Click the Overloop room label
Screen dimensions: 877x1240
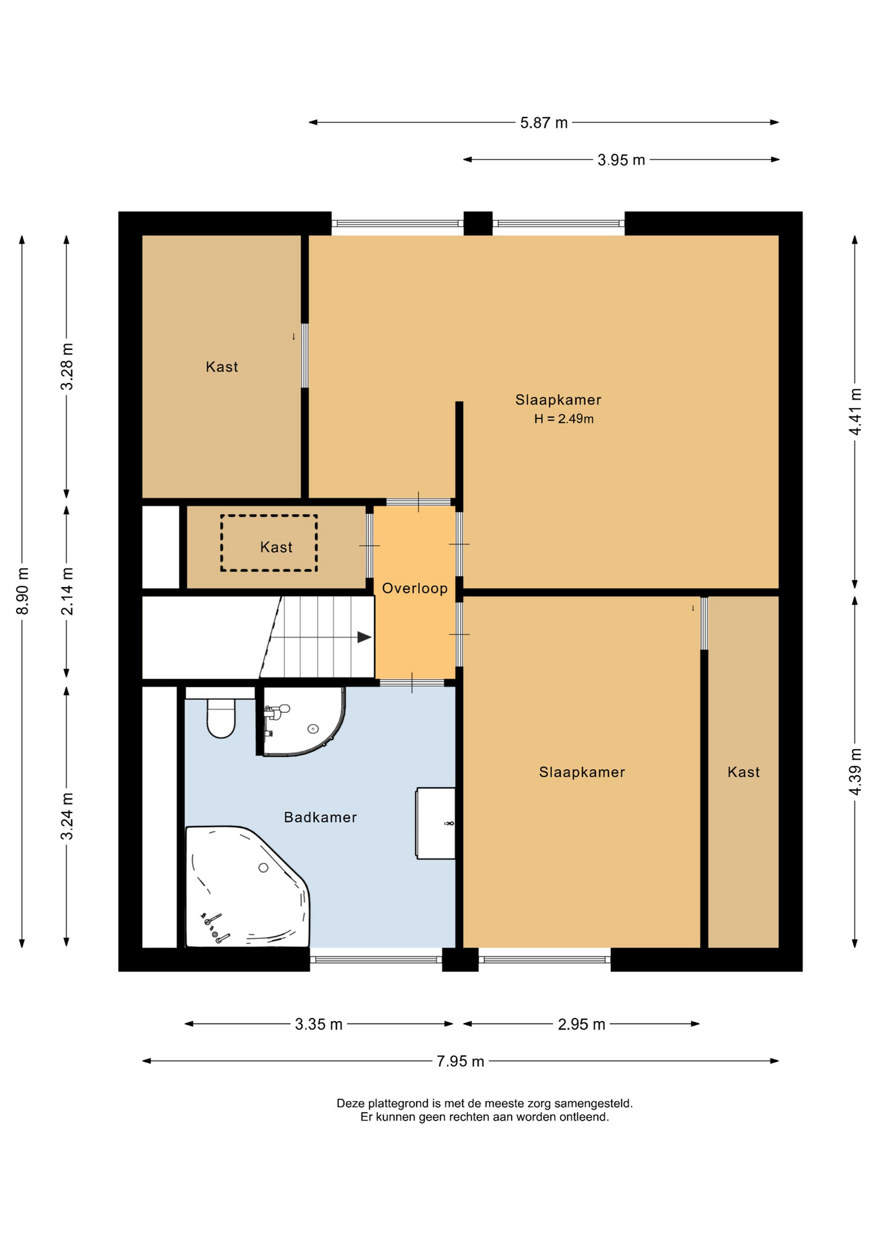tap(415, 588)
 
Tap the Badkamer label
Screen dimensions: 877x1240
tap(320, 818)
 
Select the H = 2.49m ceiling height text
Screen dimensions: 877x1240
tap(564, 418)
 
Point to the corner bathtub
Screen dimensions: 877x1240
tap(245, 888)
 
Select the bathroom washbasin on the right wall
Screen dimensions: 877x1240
tap(436, 823)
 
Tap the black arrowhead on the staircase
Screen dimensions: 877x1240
tap(364, 637)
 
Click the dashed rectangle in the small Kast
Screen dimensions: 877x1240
tap(269, 543)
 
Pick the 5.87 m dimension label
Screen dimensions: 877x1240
tap(544, 123)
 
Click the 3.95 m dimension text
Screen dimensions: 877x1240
tap(621, 160)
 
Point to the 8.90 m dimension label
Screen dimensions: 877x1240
tap(23, 592)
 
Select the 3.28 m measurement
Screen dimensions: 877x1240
tap(67, 367)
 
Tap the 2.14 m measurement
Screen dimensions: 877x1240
tap(67, 592)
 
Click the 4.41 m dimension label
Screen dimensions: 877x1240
tap(855, 411)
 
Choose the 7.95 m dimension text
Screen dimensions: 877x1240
tap(460, 1061)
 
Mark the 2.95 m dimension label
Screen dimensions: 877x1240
tap(581, 1024)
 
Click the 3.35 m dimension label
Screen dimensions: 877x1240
tap(319, 1024)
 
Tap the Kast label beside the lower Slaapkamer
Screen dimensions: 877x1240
tap(743, 772)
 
